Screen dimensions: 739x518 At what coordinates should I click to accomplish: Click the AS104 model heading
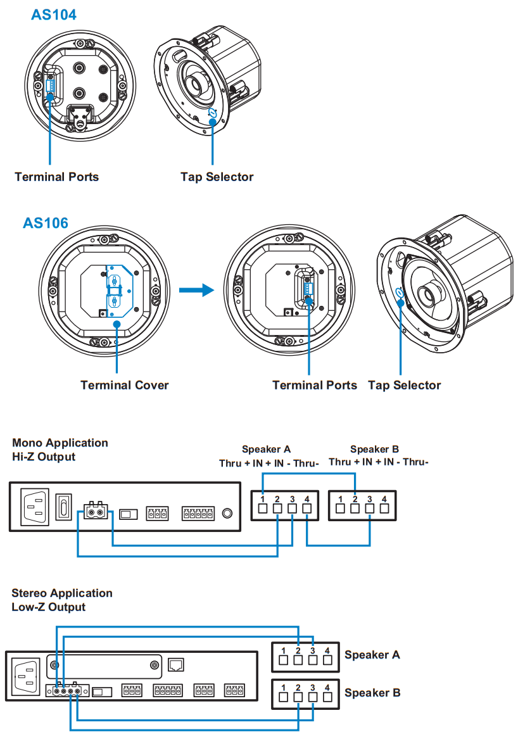[54, 15]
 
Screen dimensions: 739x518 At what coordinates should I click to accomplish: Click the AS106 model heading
[46, 222]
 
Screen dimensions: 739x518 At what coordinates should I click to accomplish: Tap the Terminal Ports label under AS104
[57, 177]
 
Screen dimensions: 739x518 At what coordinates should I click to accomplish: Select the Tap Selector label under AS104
[217, 177]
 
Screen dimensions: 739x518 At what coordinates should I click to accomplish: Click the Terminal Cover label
[125, 385]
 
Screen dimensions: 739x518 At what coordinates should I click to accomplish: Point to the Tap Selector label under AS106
[404, 385]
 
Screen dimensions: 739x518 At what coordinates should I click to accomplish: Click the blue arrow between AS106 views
[194, 291]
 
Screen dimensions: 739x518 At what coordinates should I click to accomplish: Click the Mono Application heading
[60, 443]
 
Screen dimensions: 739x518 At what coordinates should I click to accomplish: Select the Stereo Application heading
[62, 593]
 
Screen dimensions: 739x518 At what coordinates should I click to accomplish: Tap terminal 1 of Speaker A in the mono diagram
[262, 507]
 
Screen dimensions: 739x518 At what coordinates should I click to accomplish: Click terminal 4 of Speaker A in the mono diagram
[307, 507]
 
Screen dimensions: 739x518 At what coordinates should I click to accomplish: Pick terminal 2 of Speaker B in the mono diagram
[355, 508]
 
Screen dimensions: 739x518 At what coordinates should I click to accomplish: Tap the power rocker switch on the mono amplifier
[63, 507]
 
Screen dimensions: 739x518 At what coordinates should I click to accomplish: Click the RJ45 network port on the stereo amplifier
[175, 664]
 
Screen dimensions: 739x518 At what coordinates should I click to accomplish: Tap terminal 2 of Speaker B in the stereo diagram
[298, 697]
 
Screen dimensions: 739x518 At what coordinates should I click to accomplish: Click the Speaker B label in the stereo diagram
[372, 693]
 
